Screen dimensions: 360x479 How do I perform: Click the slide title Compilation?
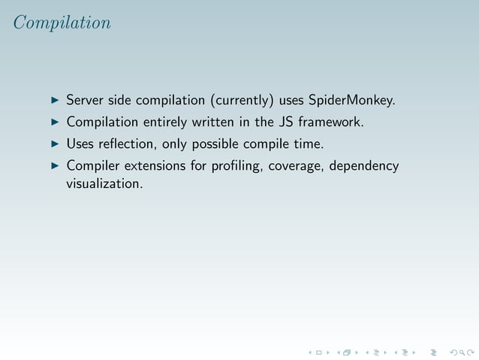pos(62,23)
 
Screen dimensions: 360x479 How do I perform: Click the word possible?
pos(224,143)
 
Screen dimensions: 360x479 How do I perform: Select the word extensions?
pos(154,165)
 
